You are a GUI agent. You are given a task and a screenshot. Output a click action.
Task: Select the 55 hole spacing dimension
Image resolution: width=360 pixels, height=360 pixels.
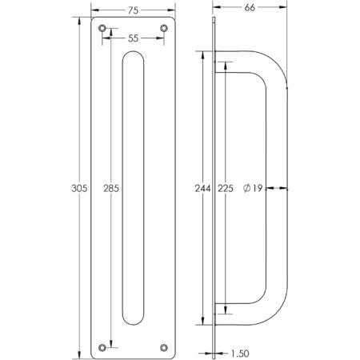[132, 38]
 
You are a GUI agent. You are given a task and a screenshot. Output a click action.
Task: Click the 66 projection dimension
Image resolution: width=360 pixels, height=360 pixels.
[249, 7]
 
